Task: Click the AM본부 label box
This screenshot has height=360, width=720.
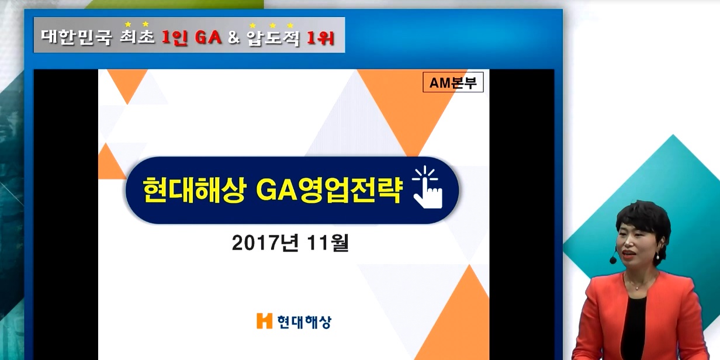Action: pos(453,82)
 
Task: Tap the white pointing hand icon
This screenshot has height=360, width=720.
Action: pos(428,188)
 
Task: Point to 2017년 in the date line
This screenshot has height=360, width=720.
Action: pos(265,243)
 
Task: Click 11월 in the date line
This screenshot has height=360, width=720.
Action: pos(328,243)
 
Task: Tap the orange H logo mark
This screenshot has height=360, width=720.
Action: pos(264,321)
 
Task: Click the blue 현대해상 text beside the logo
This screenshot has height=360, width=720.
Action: pos(304,322)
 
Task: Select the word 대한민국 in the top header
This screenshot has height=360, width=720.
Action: pos(77,37)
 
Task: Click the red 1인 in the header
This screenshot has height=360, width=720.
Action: pos(175,37)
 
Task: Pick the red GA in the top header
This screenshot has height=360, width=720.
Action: pos(208,37)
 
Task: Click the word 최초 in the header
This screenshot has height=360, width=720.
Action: pos(137,36)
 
